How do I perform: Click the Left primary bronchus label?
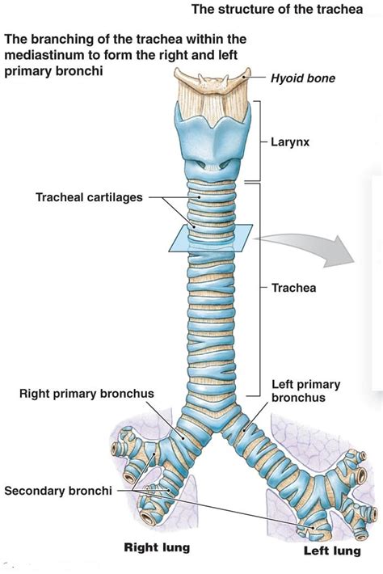pos(306,391)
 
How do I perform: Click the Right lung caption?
pos(157,547)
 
